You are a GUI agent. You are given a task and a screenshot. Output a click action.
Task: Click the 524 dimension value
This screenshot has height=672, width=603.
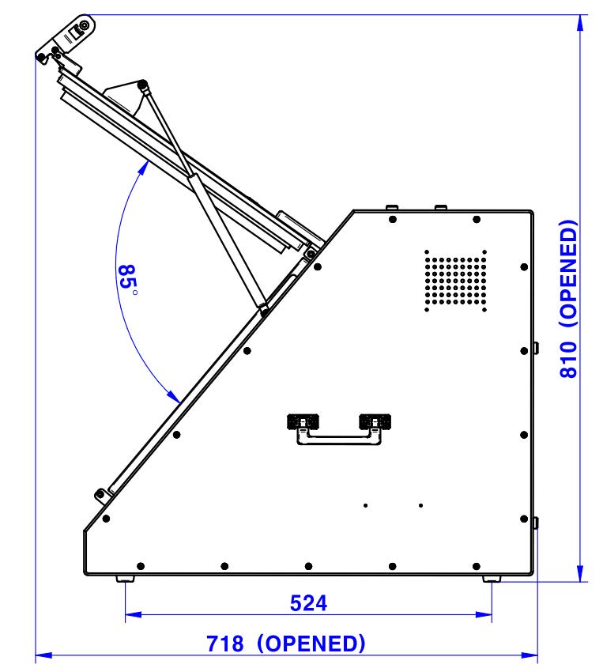coord(308,603)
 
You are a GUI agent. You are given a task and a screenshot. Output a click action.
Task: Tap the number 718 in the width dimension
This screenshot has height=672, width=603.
coord(224,644)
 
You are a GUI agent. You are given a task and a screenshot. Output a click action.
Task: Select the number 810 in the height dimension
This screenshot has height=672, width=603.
coord(568,360)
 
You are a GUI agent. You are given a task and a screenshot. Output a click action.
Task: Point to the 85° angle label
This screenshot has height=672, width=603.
coord(127,277)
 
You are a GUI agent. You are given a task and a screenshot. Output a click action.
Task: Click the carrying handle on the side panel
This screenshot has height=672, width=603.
coord(339,429)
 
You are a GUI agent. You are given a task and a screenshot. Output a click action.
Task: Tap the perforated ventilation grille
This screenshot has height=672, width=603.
coord(455,281)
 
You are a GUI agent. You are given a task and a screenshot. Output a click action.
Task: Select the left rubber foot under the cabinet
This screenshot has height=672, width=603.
coord(125,579)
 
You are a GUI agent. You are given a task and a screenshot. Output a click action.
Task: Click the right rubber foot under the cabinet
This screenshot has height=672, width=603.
coord(492,579)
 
